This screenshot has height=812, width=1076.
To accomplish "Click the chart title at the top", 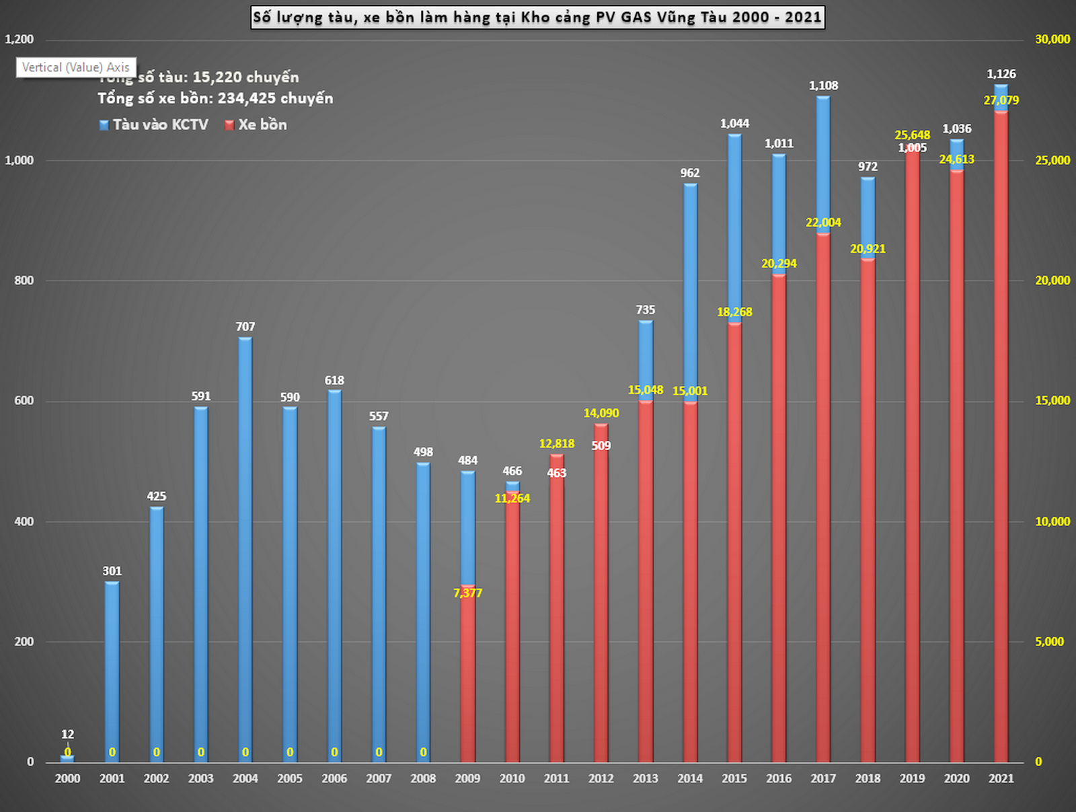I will click(537, 17).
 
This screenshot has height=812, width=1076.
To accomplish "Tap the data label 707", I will click(245, 327).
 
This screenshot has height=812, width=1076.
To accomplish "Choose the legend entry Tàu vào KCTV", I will click(154, 125).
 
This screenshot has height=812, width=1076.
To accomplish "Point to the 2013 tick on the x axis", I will click(646, 778).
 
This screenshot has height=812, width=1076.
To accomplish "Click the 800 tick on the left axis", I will click(24, 281).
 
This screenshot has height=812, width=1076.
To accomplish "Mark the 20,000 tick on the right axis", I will click(1052, 281).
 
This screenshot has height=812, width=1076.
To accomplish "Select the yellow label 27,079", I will click(1001, 101).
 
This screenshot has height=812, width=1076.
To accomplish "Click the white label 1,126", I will click(1001, 74).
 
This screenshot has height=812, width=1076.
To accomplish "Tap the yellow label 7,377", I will click(468, 593).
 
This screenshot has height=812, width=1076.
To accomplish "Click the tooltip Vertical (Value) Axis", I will click(76, 67).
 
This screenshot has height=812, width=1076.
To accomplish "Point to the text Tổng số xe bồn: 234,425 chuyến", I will click(215, 98).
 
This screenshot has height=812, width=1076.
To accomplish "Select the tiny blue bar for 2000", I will click(67, 759).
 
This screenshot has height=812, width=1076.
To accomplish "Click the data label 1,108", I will click(823, 86).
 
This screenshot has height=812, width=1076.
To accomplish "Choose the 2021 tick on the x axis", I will click(1001, 778).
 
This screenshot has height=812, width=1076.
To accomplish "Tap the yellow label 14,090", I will click(601, 413).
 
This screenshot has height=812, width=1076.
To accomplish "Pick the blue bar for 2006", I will click(334, 572).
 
